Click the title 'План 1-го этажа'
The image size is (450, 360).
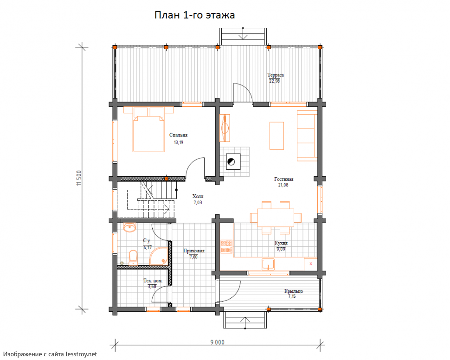point(194,15)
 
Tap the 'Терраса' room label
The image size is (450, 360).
point(276,75)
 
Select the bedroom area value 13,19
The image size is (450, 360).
point(178,142)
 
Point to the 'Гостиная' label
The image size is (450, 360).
point(283,179)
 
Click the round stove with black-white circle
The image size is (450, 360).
point(231,161)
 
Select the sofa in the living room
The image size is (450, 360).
point(307,135)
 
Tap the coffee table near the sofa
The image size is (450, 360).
point(276,136)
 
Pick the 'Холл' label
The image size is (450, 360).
point(198,196)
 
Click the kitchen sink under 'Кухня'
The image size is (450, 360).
point(268,264)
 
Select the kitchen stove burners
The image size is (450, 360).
point(226,247)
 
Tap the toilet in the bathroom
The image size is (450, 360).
point(133,257)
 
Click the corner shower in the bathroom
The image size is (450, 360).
point(159,256)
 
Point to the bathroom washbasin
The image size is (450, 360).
point(130,227)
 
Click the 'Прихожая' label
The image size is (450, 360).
point(194,251)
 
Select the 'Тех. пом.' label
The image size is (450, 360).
point(153,281)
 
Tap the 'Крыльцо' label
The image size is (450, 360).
point(294,291)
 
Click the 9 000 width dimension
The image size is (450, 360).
point(218,342)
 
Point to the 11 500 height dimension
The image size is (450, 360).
point(79,178)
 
